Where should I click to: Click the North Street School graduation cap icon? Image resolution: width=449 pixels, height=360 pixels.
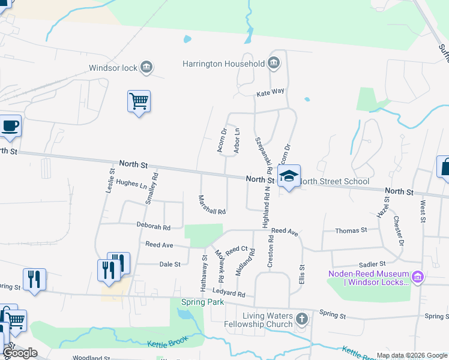click(289, 175)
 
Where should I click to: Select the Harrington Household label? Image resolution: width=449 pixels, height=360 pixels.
click(224, 64)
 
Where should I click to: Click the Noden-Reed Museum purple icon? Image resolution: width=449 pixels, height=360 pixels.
click(418, 277)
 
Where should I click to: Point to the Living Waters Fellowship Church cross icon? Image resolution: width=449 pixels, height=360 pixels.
click(301, 320)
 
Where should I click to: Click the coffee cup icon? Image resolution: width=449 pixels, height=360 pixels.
click(10, 126)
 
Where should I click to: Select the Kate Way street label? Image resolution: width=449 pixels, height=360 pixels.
click(270, 93)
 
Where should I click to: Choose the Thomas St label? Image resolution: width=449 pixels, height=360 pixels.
click(351, 230)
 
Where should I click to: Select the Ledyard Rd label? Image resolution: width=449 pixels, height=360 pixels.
click(229, 294)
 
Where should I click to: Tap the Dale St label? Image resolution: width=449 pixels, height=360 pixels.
click(169, 264)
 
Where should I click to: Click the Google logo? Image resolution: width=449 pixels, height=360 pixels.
click(20, 353)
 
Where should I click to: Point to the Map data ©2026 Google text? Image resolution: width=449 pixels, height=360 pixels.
click(411, 355)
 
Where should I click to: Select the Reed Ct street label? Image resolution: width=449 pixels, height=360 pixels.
click(237, 248)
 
